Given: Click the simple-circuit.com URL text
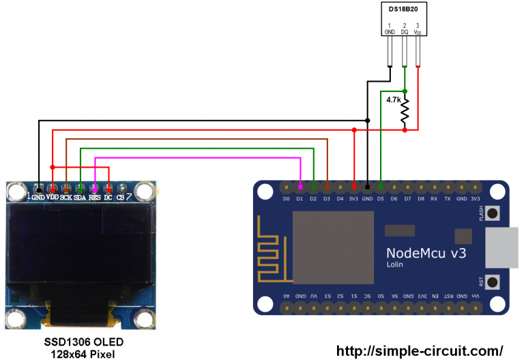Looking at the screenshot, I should pos(420,351).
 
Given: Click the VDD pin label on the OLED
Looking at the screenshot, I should pos(52,197).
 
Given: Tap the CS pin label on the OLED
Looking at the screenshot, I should pos(120,197).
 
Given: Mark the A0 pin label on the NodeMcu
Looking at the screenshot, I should pos(287,296).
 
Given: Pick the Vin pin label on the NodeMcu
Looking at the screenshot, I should pos(475,296).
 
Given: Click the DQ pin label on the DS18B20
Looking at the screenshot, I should pos(405,31).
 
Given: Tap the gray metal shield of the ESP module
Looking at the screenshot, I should pos(333,247).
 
